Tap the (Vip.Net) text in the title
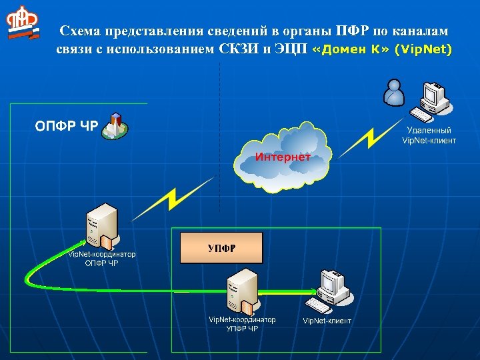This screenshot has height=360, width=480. click(x=423, y=49)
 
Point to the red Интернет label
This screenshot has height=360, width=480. click(x=283, y=157)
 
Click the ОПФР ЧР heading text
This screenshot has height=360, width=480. click(x=66, y=126)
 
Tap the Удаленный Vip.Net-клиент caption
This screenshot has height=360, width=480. click(x=429, y=135)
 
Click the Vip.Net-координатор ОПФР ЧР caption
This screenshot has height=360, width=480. click(x=102, y=258)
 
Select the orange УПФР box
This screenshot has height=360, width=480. click(x=222, y=248)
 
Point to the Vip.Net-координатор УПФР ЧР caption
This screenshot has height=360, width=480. click(x=242, y=324)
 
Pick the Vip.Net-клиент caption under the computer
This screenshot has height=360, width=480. click(x=327, y=321)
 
